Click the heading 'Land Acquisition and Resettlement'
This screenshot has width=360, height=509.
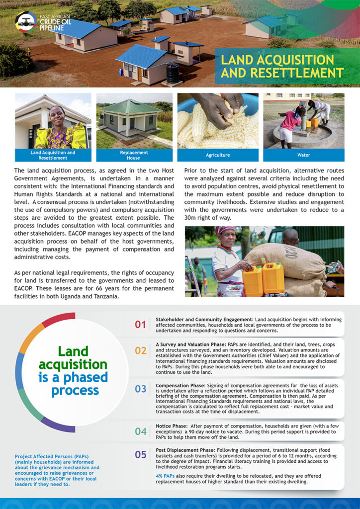[x=282, y=67]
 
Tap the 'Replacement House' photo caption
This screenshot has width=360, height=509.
[x=134, y=155]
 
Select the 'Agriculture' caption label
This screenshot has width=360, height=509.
[x=218, y=155]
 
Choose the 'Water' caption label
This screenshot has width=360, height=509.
[x=303, y=155]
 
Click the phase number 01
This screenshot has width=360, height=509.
[x=140, y=325]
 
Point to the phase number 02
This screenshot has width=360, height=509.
[x=141, y=350]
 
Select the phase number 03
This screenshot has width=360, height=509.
[x=141, y=389]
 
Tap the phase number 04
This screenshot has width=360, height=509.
[x=141, y=431]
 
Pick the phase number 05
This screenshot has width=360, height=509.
[x=141, y=454]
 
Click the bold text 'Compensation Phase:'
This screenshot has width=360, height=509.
[x=179, y=385]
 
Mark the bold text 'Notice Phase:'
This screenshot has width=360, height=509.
[x=171, y=425]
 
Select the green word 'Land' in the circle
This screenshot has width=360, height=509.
[x=73, y=352]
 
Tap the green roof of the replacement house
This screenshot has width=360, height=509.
[x=129, y=106]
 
